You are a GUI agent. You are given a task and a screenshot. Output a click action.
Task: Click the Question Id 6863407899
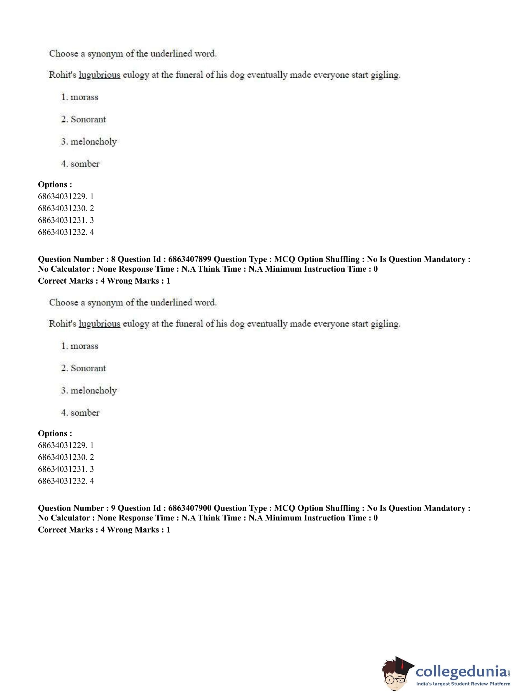(190, 259)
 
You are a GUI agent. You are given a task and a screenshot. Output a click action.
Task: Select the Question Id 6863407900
(190, 508)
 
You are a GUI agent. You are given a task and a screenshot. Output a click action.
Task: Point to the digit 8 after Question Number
(113, 259)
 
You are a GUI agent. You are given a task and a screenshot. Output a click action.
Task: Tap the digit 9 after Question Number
(113, 508)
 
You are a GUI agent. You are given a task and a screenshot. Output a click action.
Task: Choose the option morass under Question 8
(84, 346)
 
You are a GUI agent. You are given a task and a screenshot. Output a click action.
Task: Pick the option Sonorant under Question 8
(88, 368)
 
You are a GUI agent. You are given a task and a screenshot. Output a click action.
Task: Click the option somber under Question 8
(85, 413)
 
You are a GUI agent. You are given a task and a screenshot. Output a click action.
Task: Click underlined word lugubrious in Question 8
(100, 324)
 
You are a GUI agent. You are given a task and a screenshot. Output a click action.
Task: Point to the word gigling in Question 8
(385, 324)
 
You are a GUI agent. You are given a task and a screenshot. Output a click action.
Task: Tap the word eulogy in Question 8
(136, 324)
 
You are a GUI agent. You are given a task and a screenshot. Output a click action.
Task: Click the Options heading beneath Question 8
(55, 433)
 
